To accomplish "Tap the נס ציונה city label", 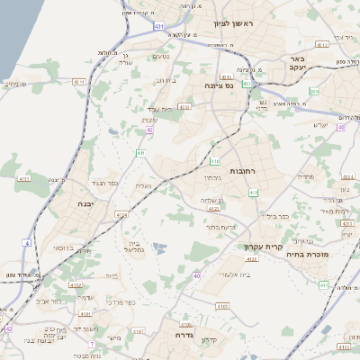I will point(219,85).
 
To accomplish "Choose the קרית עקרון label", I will point(264,246).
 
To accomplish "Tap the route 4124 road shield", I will point(251,258).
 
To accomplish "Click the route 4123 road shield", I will point(213,209).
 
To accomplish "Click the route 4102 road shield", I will point(76,310).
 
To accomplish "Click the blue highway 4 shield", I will point(27,244).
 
